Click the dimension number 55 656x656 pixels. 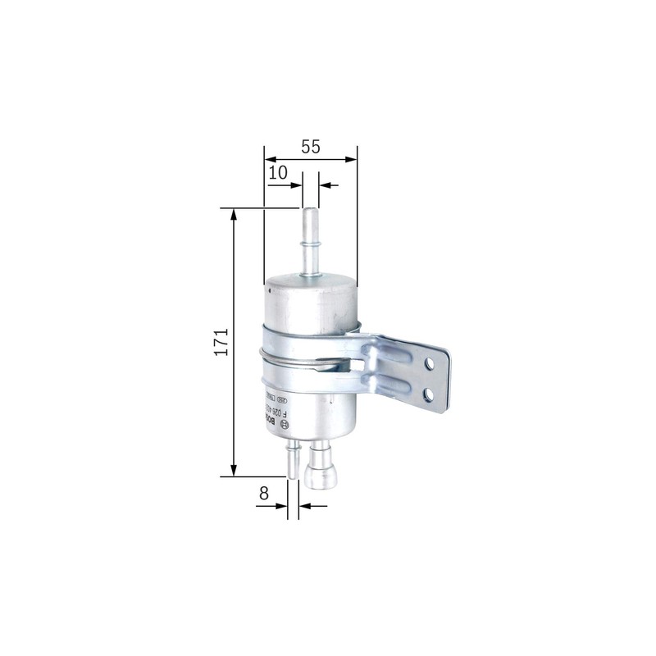click(310, 148)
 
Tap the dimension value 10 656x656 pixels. click(278, 172)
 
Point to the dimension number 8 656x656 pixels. click(263, 494)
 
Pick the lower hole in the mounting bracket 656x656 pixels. click(428, 394)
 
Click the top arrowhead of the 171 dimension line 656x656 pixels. click(235, 215)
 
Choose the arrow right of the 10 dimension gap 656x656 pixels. click(323, 185)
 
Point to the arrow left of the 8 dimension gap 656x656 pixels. click(282, 506)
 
